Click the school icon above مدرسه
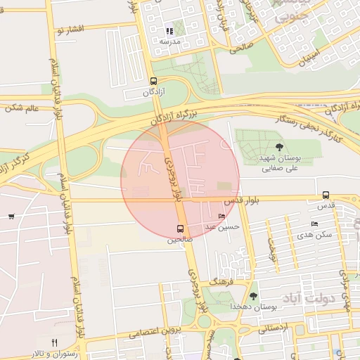[x=169, y=31]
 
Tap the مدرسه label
[x=170, y=41]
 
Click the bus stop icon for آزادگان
[x=153, y=81]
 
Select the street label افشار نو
[x=73, y=29]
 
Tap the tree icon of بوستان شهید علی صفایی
[x=280, y=146]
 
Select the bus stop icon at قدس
[x=326, y=195]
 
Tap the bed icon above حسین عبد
[x=223, y=217]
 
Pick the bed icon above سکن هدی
[x=314, y=224]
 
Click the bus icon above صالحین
[x=180, y=229]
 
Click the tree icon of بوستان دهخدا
[x=254, y=296]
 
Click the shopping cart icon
[x=11, y=217]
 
